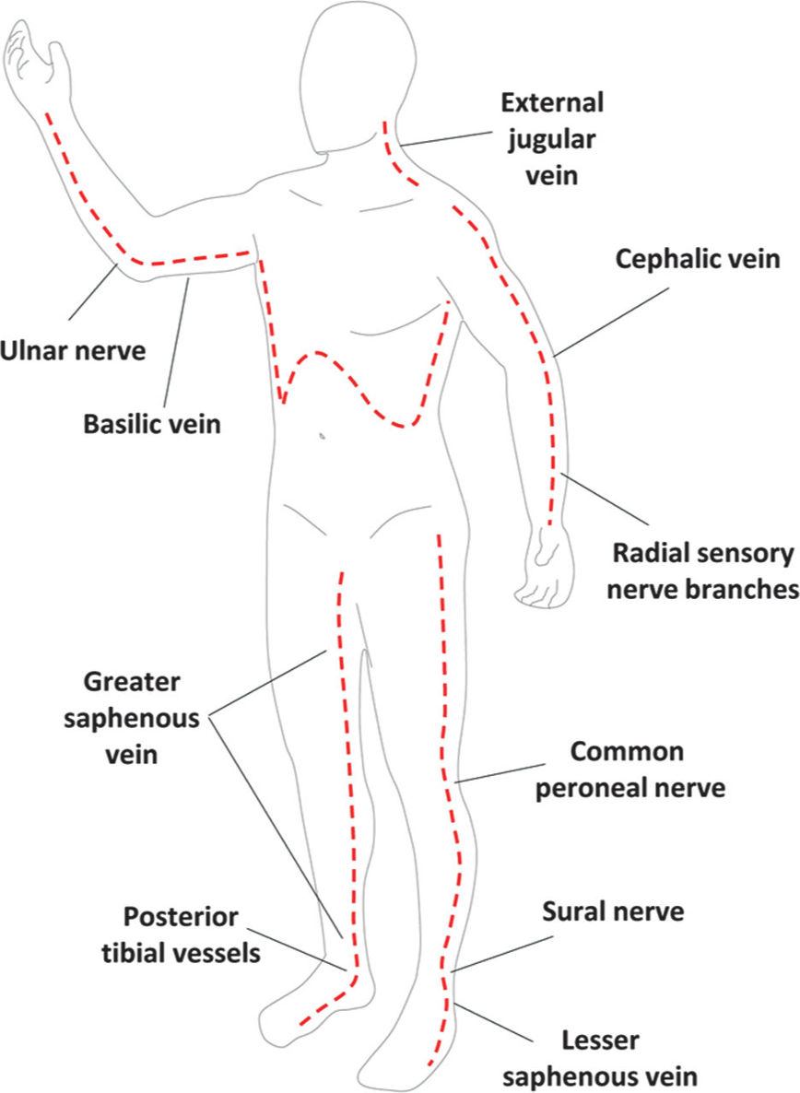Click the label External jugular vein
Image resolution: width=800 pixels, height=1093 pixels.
click(x=551, y=138)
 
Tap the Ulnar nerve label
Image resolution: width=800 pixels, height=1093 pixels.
click(x=74, y=350)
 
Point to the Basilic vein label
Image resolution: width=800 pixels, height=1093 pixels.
click(x=153, y=425)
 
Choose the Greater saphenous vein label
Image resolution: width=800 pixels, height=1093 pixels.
click(x=132, y=718)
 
